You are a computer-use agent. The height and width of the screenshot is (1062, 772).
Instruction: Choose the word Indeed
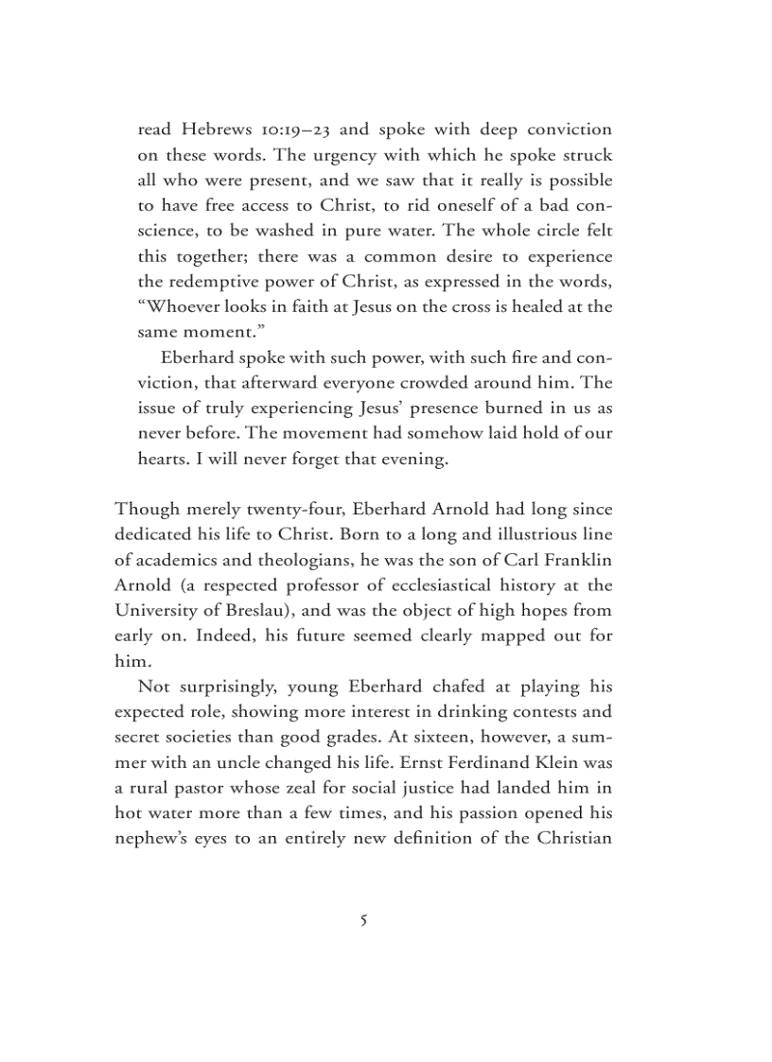tap(221, 636)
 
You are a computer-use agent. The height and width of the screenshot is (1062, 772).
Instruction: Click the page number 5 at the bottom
tap(364, 919)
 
